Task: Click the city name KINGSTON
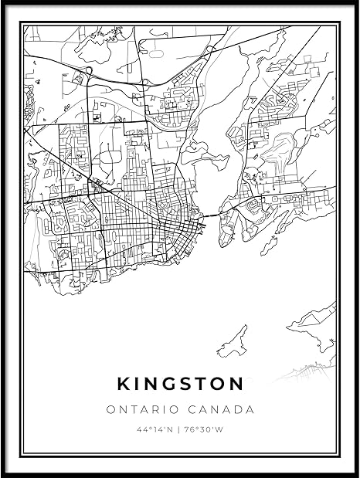pos(180,383)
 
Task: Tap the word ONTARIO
pos(140,409)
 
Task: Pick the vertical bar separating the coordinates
pos(181,429)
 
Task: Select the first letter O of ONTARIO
pos(110,409)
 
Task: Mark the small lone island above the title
pos(233,342)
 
